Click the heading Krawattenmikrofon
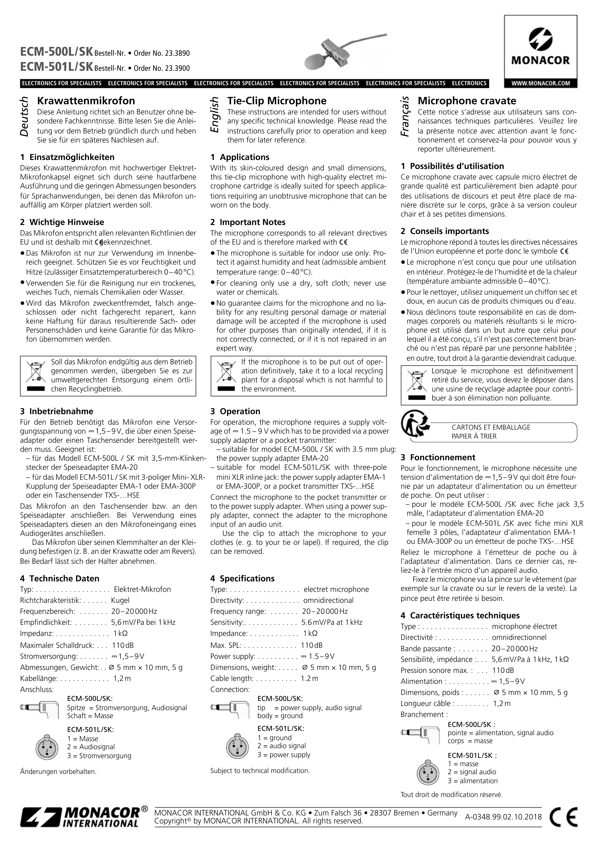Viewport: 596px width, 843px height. [86, 101]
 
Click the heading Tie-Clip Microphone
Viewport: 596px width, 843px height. [277, 101]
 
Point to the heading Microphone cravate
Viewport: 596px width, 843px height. [467, 101]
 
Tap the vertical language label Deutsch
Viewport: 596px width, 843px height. [24, 117]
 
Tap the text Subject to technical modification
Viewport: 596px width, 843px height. [260, 770]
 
